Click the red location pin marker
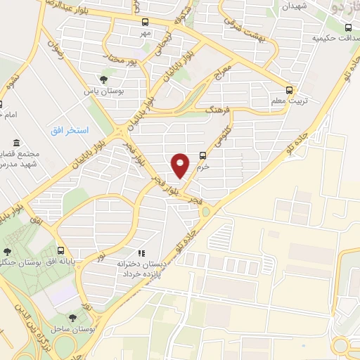coord(181,165)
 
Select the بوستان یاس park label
coord(99,91)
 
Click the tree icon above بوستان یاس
coord(104,79)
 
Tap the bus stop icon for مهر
coord(145,22)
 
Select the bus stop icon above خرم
coord(202,156)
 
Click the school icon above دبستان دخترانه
coord(141,252)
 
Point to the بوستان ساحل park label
coord(73,329)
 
